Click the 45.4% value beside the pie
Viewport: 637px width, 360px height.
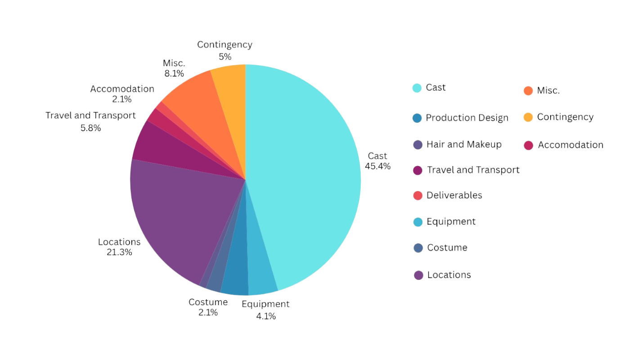pyautogui.click(x=377, y=166)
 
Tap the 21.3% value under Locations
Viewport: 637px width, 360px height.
pyautogui.click(x=119, y=252)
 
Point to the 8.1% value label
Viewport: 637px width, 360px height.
pyautogui.click(x=174, y=73)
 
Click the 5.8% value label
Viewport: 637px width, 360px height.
pyautogui.click(x=91, y=128)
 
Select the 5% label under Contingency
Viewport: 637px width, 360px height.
pyautogui.click(x=225, y=57)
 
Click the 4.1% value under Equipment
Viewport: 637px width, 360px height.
pyautogui.click(x=266, y=316)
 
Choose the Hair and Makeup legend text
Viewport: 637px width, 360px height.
pyautogui.click(x=464, y=144)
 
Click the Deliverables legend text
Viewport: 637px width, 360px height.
pyautogui.click(x=454, y=195)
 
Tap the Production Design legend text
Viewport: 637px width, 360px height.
pyautogui.click(x=467, y=118)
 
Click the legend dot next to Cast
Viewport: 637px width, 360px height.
pyautogui.click(x=417, y=88)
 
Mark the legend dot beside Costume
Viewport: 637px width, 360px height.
pyautogui.click(x=418, y=248)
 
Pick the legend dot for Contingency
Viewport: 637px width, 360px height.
pyautogui.click(x=528, y=117)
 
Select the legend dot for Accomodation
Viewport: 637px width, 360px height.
pyautogui.click(x=529, y=145)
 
